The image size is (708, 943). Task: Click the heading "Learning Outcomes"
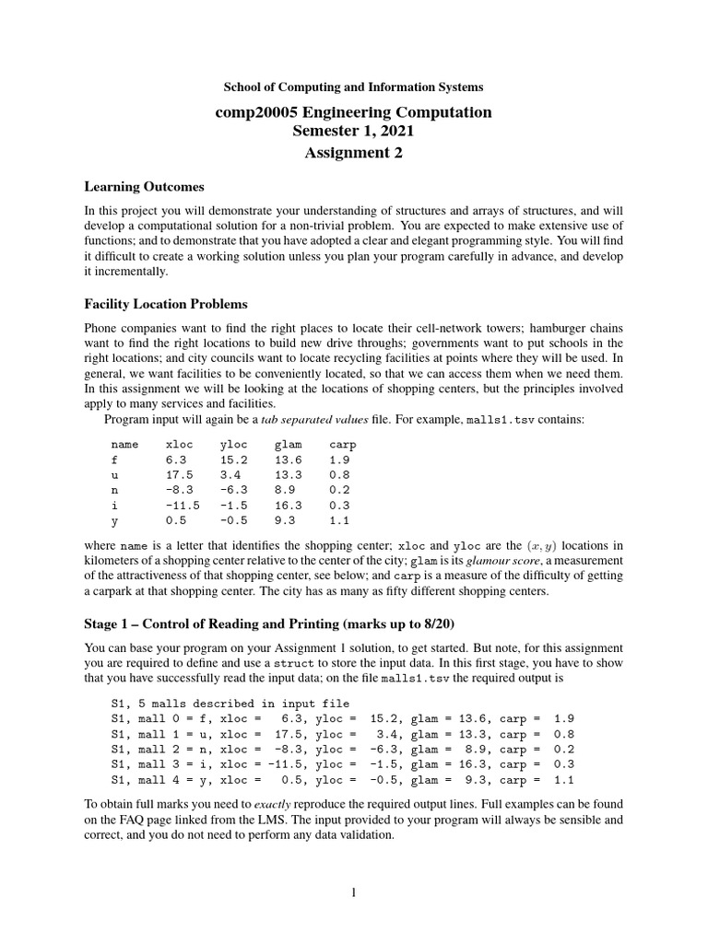coord(144,187)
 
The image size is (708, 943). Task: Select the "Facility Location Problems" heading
coord(166,304)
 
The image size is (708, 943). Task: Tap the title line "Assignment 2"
coord(354,153)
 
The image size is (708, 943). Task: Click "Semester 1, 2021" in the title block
coord(354,132)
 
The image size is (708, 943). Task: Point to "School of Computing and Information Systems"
coord(354,87)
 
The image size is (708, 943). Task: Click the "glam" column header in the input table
coord(288,444)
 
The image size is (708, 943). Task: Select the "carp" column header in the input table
coord(342,444)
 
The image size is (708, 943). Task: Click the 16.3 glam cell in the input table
coord(288,505)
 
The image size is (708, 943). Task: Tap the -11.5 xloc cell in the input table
coord(183,505)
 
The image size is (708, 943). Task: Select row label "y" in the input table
coord(113,519)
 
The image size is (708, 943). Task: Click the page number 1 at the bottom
coord(354,892)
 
